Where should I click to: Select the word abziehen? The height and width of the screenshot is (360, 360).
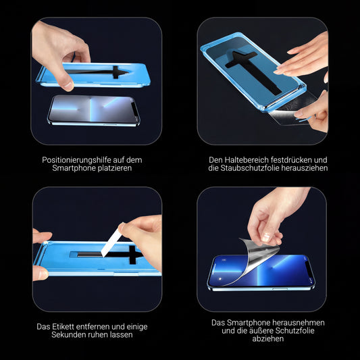point(268,339)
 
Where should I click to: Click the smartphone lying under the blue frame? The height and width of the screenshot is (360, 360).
point(93,109)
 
